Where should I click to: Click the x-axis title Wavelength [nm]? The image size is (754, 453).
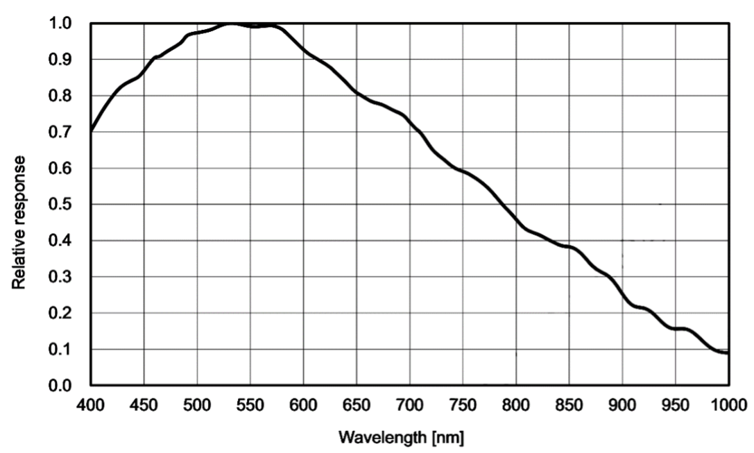point(400,438)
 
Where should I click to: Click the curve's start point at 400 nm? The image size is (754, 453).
point(91,130)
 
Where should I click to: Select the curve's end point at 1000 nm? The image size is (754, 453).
point(728,353)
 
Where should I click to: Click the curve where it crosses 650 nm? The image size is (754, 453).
point(357,92)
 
